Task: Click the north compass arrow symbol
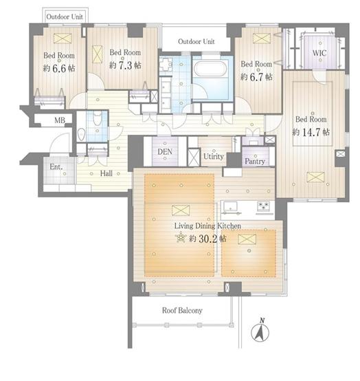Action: (x=260, y=331)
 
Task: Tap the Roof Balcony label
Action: (x=182, y=310)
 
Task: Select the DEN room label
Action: (x=165, y=151)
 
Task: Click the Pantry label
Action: (x=255, y=162)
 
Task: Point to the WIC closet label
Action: (x=319, y=53)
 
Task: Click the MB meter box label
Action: (x=60, y=120)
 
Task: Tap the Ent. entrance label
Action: (x=56, y=167)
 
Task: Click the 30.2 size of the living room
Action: (x=208, y=239)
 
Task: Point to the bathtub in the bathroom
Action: (x=211, y=69)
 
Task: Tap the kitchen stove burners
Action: (x=263, y=206)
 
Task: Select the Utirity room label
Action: (x=214, y=156)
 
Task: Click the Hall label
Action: (x=106, y=173)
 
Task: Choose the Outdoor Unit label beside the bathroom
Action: (x=196, y=41)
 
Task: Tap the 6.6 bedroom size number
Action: (x=59, y=69)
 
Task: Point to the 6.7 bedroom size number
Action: (x=256, y=77)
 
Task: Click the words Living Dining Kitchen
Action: (x=207, y=226)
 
